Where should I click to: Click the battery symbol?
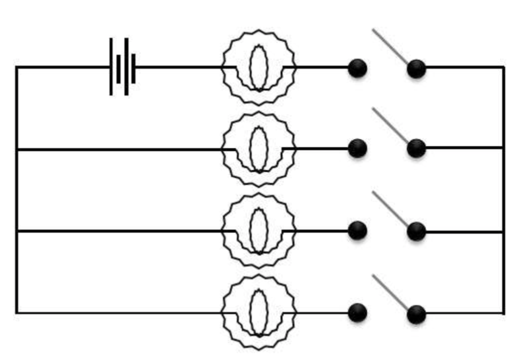pyautogui.click(x=122, y=67)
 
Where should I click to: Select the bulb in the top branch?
pyautogui.click(x=259, y=67)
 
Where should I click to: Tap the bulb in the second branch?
pyautogui.click(x=259, y=149)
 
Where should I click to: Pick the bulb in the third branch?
pyautogui.click(x=259, y=231)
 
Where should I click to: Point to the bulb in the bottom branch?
pyautogui.click(x=259, y=312)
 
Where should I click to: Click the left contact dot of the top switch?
pyautogui.click(x=357, y=68)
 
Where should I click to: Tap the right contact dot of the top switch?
pyautogui.click(x=416, y=69)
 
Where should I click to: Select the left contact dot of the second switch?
pyautogui.click(x=357, y=148)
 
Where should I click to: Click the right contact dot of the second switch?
pyautogui.click(x=416, y=148)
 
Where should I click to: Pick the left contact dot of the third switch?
pyautogui.click(x=357, y=231)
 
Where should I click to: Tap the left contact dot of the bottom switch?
pyautogui.click(x=357, y=313)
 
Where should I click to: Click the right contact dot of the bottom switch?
pyautogui.click(x=416, y=314)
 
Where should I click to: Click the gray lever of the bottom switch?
pyautogui.click(x=390, y=291)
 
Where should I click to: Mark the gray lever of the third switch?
pyautogui.click(x=390, y=209)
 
